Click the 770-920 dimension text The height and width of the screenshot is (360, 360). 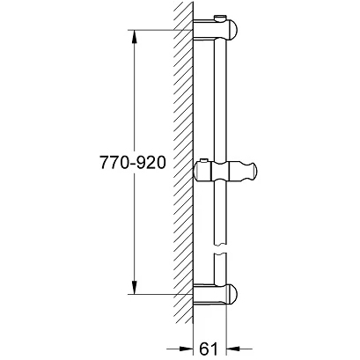pyautogui.click(x=133, y=162)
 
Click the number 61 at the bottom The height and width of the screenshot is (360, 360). pyautogui.click(x=209, y=349)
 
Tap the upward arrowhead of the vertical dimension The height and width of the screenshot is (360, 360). pyautogui.click(x=134, y=37)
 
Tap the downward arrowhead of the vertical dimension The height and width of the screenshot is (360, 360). pyautogui.click(x=134, y=286)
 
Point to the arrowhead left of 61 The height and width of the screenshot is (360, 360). pyautogui.click(x=186, y=349)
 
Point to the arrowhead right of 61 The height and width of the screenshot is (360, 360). pyautogui.click(x=233, y=349)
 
